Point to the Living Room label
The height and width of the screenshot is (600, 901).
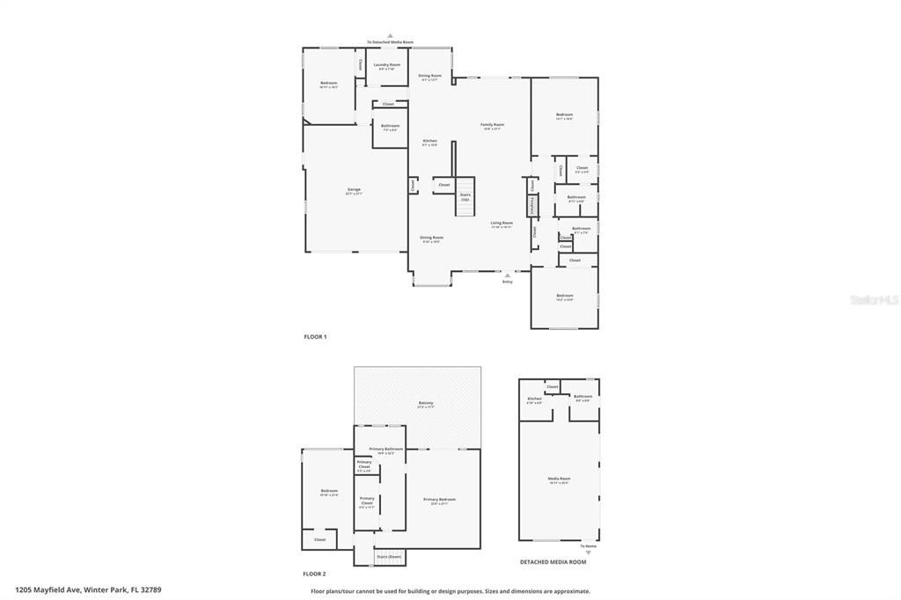[502, 224]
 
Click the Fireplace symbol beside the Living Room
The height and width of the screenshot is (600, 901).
[532, 205]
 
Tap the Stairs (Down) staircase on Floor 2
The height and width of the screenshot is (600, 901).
[388, 556]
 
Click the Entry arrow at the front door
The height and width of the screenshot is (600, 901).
[507, 275]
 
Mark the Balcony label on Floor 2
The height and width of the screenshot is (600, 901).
[426, 404]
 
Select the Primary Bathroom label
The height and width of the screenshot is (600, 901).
[385, 450]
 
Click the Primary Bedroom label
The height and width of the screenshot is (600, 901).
[439, 500]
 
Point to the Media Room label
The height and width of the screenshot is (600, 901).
[560, 479]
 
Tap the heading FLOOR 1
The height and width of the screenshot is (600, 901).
[315, 337]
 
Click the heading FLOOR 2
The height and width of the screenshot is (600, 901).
[315, 574]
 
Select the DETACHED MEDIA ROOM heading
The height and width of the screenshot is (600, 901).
[553, 561]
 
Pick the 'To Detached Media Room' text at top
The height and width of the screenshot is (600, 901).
[390, 42]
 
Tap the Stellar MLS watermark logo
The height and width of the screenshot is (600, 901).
[873, 300]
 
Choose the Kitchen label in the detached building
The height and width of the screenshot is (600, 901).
[534, 399]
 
